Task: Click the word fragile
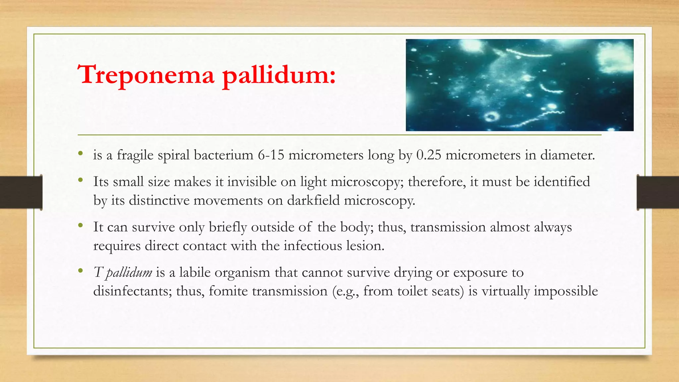(x=135, y=155)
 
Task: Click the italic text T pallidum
(x=123, y=273)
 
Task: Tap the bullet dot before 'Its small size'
(x=80, y=180)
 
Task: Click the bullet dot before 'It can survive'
(x=80, y=226)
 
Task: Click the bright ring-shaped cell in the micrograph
(x=491, y=116)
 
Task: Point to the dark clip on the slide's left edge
(x=21, y=192)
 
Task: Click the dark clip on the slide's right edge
(x=658, y=192)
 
